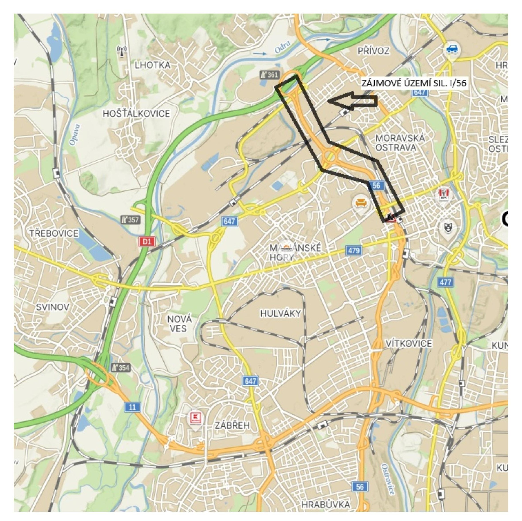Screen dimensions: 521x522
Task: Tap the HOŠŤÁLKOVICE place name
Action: tap(136, 114)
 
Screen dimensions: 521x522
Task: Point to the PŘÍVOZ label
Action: tap(374, 51)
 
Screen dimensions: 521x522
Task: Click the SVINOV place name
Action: tap(52, 307)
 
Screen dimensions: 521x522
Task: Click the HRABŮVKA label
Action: tap(326, 505)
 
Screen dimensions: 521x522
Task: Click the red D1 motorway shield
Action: tap(147, 242)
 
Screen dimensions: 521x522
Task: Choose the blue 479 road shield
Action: tap(354, 251)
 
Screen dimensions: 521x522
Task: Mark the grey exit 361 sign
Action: tap(269, 75)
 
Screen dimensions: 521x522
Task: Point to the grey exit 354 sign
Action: tap(120, 368)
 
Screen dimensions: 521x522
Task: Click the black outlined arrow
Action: tap(353, 101)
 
